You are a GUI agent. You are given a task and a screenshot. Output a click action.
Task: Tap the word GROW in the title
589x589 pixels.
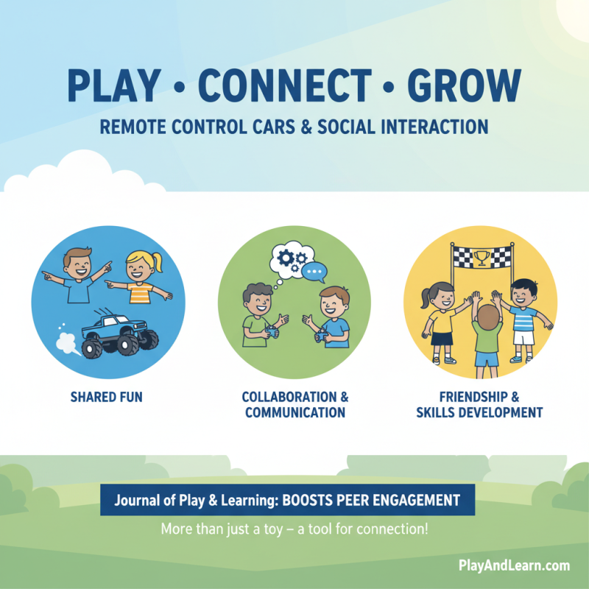pyautogui.click(x=469, y=87)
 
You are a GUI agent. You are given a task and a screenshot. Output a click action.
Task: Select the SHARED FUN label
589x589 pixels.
pyautogui.click(x=106, y=397)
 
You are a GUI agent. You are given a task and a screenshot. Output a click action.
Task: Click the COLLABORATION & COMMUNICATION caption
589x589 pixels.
pyautogui.click(x=294, y=404)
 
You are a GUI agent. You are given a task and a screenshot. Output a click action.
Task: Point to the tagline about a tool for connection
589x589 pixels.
pyautogui.click(x=294, y=529)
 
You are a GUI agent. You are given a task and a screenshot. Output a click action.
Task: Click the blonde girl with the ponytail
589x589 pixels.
pyautogui.click(x=140, y=276)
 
